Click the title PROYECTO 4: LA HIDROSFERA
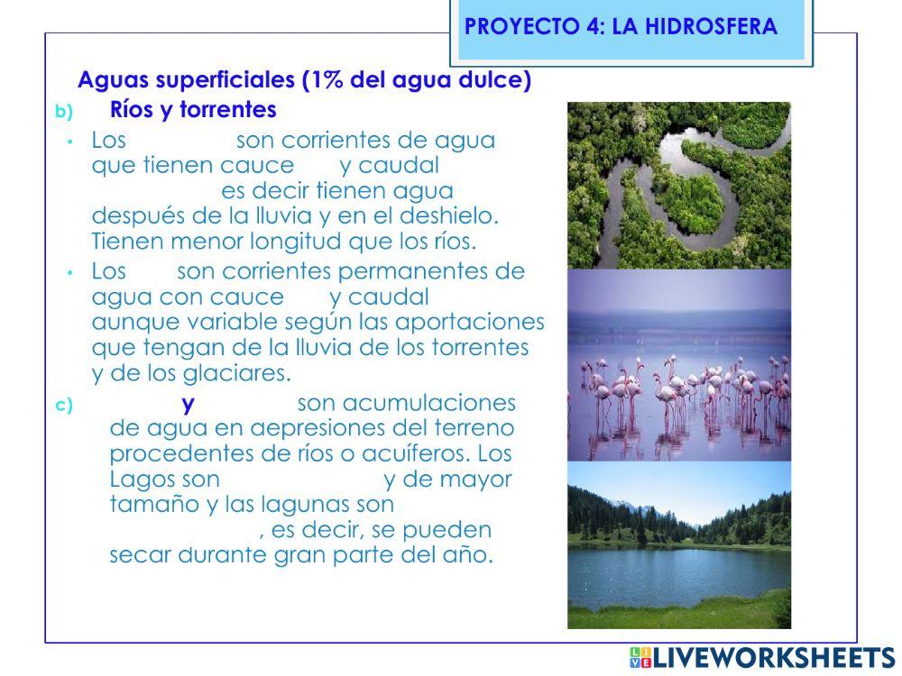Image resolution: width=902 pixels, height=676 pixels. point(621,26)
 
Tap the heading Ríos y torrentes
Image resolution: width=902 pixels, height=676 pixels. point(192,110)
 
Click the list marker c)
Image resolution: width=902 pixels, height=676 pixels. point(63,405)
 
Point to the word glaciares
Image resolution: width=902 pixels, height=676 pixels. point(245,373)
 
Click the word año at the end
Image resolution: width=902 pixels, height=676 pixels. point(469,554)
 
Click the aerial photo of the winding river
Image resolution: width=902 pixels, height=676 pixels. point(678,185)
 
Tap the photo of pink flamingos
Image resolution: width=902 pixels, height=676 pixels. point(678,365)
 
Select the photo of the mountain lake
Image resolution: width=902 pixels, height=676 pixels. point(678,544)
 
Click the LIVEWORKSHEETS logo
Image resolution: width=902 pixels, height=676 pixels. point(761,657)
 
